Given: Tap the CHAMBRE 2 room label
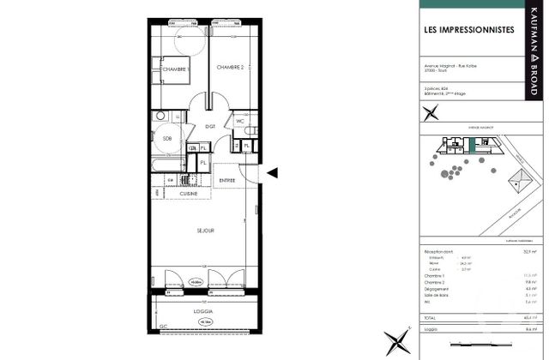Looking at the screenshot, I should [x=231, y=68].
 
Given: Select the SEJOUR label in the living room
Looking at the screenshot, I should [x=205, y=231].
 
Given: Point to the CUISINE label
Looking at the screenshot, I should [x=189, y=195].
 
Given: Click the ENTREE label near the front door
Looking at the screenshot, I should [x=227, y=180].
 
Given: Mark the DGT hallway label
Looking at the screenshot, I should [x=209, y=126].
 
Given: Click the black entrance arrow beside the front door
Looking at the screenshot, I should [x=272, y=173].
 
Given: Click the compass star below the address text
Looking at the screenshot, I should [x=432, y=111].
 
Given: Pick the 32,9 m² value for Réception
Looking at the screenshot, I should [x=530, y=252].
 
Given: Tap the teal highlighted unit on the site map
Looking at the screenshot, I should [x=471, y=146].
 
